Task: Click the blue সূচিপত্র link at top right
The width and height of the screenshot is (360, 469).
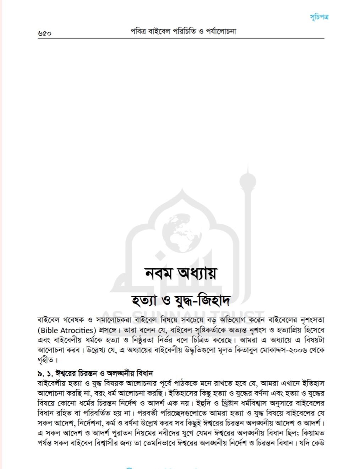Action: pos(319,17)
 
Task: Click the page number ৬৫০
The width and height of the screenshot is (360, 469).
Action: pos(45,33)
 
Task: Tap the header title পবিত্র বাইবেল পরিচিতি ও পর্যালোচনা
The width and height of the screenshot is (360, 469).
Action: pos(183,31)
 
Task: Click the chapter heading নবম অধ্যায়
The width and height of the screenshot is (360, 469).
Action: pos(181,273)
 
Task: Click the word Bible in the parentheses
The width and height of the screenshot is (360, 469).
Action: pos(49,330)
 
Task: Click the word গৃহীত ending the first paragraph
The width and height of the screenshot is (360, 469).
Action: pos(45,360)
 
